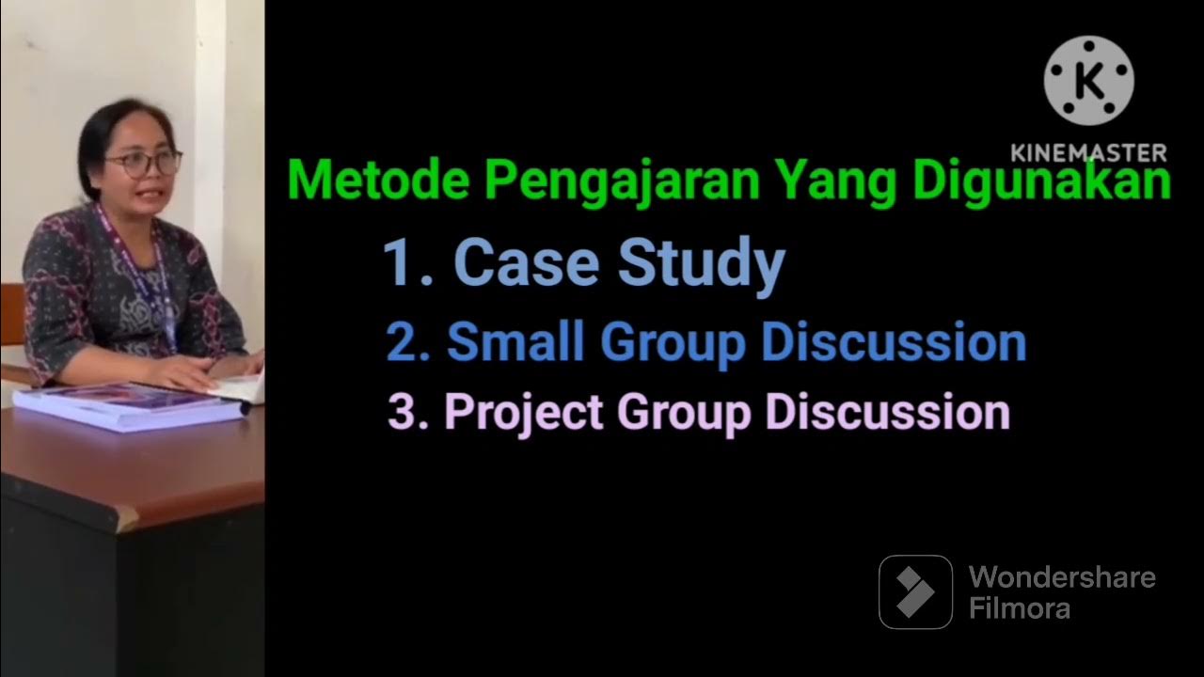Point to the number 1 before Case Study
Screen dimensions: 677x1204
tap(399, 263)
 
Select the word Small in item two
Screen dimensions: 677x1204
tap(516, 342)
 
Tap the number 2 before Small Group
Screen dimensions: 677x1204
tap(403, 343)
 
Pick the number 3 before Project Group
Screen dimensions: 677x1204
tap(402, 413)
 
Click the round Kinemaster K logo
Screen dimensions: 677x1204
tap(1088, 81)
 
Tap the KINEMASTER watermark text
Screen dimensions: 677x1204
tap(1088, 152)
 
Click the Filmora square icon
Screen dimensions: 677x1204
tap(915, 591)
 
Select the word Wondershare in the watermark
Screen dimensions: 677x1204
tap(1062, 576)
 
